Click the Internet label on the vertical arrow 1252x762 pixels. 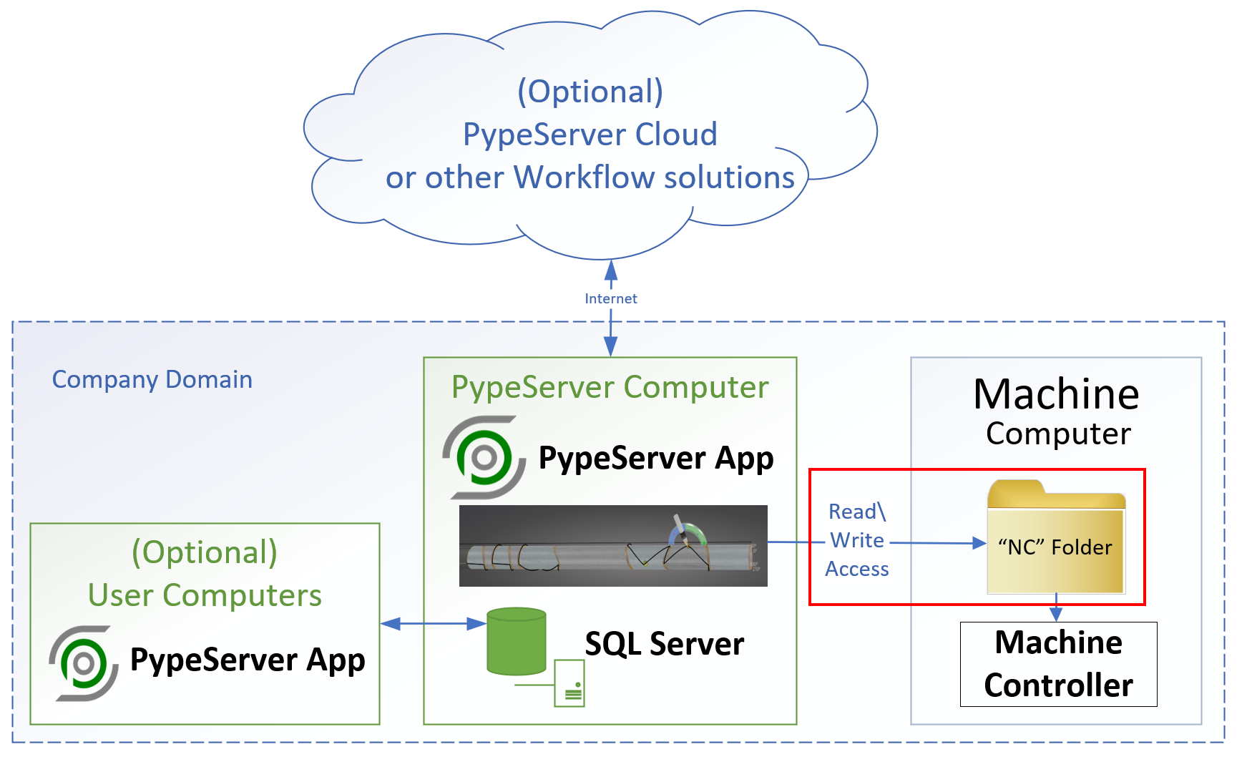(610, 298)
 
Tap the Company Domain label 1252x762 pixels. (152, 379)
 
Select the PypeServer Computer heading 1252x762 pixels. (610, 387)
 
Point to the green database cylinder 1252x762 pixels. (516, 641)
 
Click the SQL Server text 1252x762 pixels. (664, 644)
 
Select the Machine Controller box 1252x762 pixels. (1058, 664)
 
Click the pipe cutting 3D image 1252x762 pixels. (613, 546)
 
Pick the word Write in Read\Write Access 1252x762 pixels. (856, 540)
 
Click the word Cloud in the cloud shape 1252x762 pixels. (676, 135)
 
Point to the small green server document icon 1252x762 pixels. (569, 683)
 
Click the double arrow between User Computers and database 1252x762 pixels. (433, 624)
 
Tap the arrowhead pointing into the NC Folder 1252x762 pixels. (979, 544)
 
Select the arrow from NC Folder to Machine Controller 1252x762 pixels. (1056, 608)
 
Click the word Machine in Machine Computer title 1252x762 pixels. (1056, 394)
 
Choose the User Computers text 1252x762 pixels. (205, 595)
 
